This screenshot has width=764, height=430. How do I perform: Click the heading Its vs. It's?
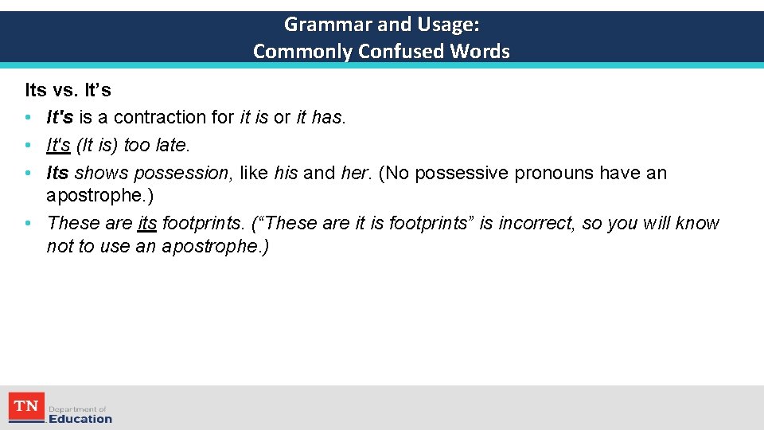click(68, 90)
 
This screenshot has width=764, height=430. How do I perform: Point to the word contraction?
click(162, 117)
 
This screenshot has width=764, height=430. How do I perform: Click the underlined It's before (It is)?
click(59, 146)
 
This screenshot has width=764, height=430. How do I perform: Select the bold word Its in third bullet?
click(58, 173)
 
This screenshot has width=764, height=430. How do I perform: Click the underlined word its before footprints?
click(147, 224)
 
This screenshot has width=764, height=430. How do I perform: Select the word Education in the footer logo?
click(80, 419)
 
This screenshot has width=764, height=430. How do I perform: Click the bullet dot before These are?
click(28, 224)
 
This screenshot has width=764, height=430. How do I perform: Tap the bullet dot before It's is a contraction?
click(28, 117)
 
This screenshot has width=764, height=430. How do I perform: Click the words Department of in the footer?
click(77, 408)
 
